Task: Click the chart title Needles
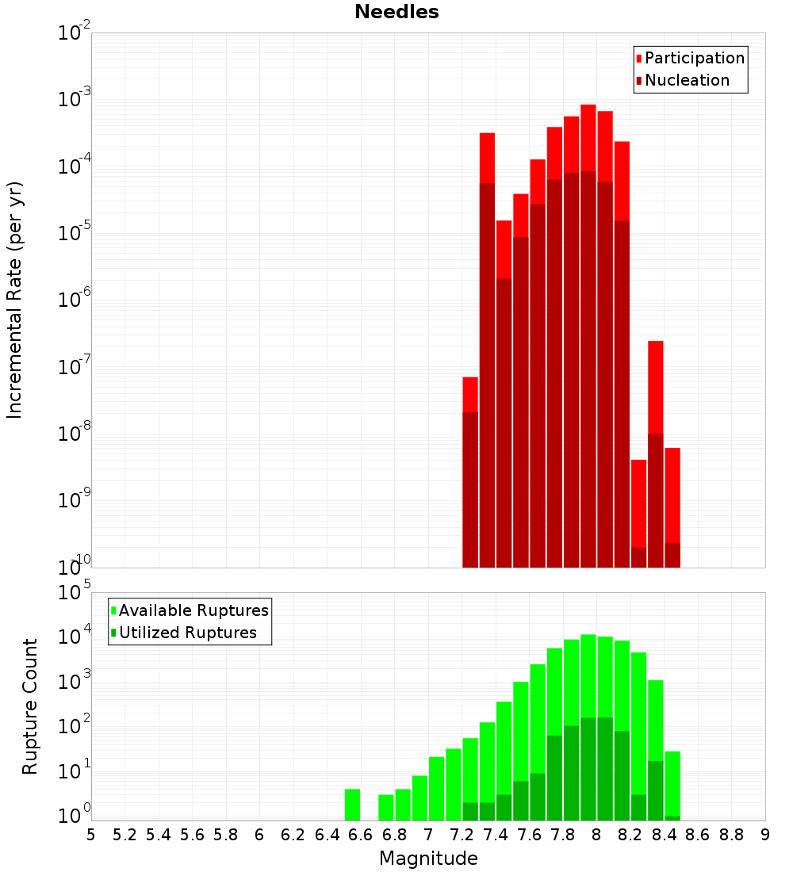[396, 13]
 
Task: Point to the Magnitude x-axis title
[428, 859]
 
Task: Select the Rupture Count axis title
[30, 706]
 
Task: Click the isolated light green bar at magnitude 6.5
[353, 805]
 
